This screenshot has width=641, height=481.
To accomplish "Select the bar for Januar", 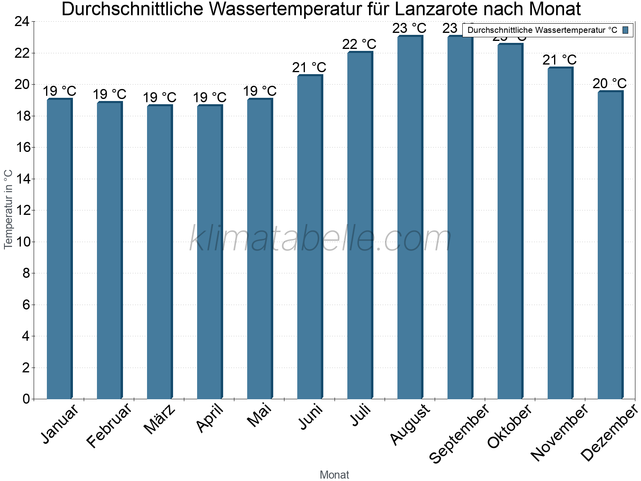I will coord(59,249).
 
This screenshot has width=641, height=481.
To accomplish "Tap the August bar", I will coord(410,216).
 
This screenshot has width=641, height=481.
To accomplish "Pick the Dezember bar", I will coord(610,245).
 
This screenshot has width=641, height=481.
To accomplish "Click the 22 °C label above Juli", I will coord(359,44).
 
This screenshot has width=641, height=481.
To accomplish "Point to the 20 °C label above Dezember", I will coord(609,83).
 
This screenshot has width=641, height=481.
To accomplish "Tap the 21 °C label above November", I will coord(559,60).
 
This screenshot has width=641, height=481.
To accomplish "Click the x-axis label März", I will coord(159,419).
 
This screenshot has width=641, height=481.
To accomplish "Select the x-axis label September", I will coord(459,433).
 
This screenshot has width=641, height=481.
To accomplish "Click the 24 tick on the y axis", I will coord(23,22).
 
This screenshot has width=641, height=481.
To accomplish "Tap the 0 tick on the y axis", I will coord(26,399).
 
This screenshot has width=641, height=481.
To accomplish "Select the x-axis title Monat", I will coord(335,475).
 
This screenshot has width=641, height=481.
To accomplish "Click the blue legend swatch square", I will coord(625,30).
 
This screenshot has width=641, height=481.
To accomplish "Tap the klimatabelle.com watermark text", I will coord(320,238).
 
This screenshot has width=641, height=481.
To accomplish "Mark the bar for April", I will coord(210,253).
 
